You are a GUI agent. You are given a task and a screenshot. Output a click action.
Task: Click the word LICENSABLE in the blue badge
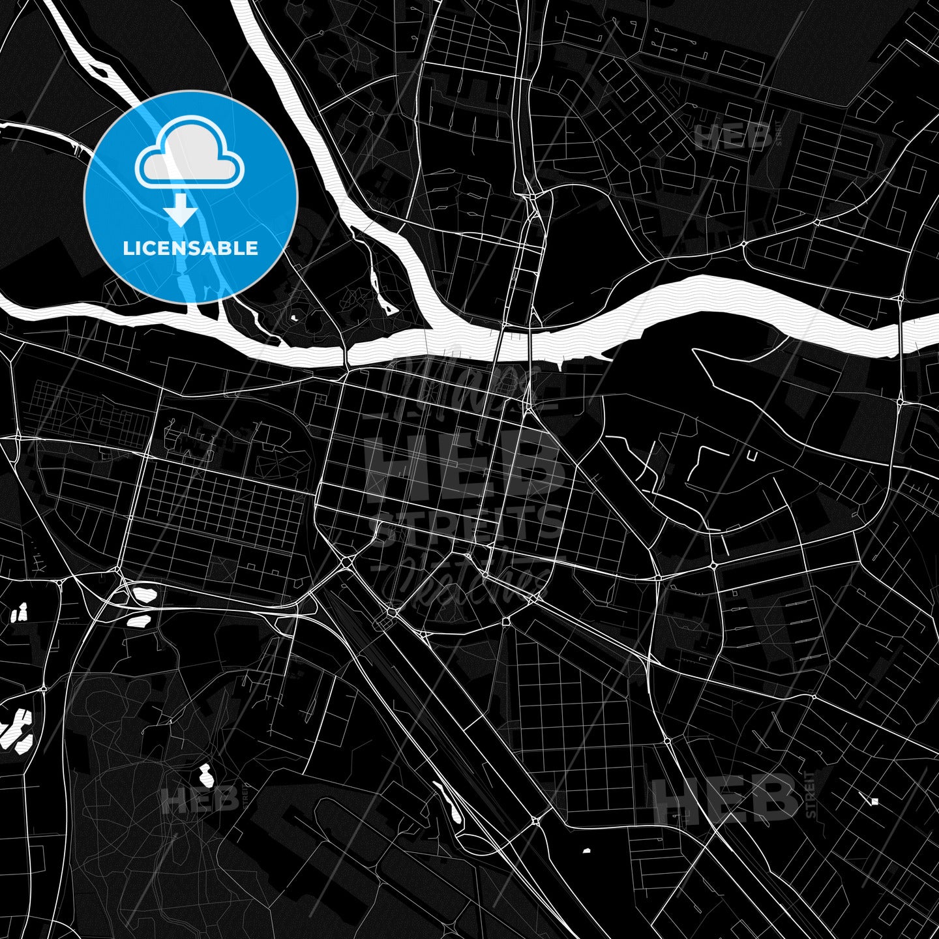pyautogui.click(x=190, y=248)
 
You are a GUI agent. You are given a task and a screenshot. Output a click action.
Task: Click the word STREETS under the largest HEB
pyautogui.click(x=467, y=525)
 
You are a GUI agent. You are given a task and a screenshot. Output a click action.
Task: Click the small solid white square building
pyautogui.click(x=875, y=801)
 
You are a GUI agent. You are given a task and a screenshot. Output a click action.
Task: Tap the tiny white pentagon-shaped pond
pyautogui.click(x=586, y=850)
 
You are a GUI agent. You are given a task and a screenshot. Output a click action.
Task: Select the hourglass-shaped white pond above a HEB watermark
pyautogui.click(x=206, y=775)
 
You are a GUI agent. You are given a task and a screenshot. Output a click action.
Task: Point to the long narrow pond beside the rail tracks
pyautogui.click(x=449, y=803)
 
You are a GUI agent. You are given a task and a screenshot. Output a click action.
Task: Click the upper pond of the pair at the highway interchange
pyautogui.click(x=144, y=595)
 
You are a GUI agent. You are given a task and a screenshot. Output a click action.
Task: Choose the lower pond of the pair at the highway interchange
pyautogui.click(x=139, y=619)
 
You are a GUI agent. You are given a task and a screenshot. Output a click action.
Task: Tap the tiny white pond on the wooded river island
pyautogui.click(x=294, y=318)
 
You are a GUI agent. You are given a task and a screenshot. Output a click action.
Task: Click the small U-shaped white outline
pyautogui.click(x=752, y=456)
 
